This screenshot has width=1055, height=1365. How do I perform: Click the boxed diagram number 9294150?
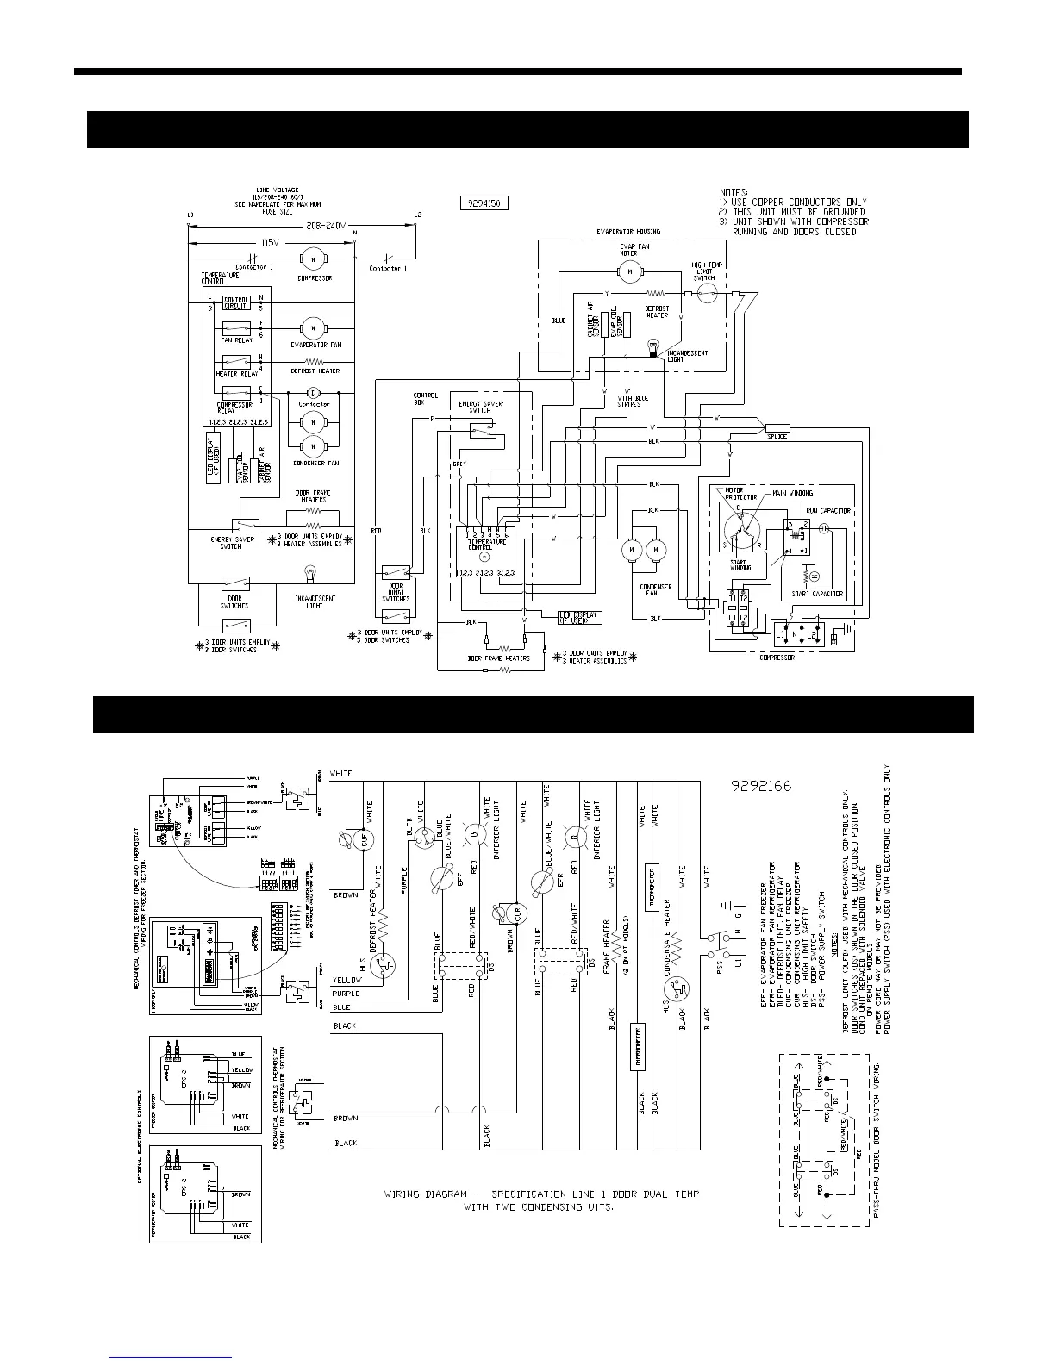pos(484,204)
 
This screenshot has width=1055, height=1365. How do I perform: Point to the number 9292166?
pos(761,786)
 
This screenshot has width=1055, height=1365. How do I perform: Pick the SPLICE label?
pos(777,436)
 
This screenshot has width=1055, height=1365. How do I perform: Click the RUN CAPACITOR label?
pos(828,511)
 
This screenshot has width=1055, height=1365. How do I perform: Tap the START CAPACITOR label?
pos(818,594)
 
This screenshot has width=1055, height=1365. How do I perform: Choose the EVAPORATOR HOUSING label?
pos(628,232)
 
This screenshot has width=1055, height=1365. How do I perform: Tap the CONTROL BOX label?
pos(426,401)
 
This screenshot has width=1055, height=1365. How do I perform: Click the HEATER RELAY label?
pos(236,374)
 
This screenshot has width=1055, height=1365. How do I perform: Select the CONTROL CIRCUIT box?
pos(236,302)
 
